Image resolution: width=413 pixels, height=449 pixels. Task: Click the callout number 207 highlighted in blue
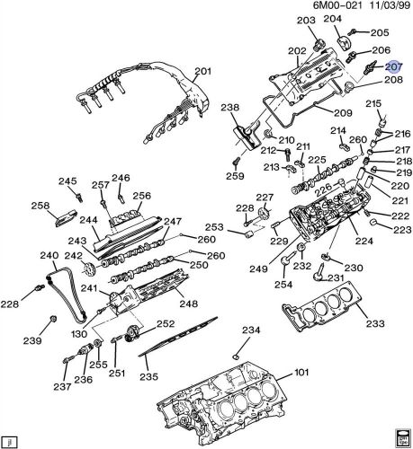pos(393,66)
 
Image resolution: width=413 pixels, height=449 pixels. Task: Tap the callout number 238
pos(230,109)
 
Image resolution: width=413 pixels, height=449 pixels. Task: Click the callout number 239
pos(32,341)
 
